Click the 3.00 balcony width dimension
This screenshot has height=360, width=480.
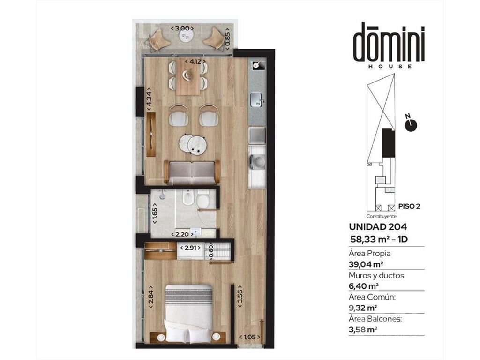pyautogui.click(x=182, y=28)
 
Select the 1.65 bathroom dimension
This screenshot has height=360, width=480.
pyautogui.click(x=155, y=216)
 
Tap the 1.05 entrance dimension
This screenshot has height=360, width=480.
pyautogui.click(x=250, y=337)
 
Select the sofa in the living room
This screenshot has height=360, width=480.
pyautogui.click(x=192, y=172)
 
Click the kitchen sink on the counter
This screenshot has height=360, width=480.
pyautogui.click(x=256, y=99)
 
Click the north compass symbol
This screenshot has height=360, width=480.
pyautogui.click(x=411, y=124)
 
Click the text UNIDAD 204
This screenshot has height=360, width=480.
pyautogui.click(x=378, y=227)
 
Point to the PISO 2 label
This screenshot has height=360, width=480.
pyautogui.click(x=409, y=206)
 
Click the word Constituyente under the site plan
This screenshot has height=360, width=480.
pyautogui.click(x=382, y=216)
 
